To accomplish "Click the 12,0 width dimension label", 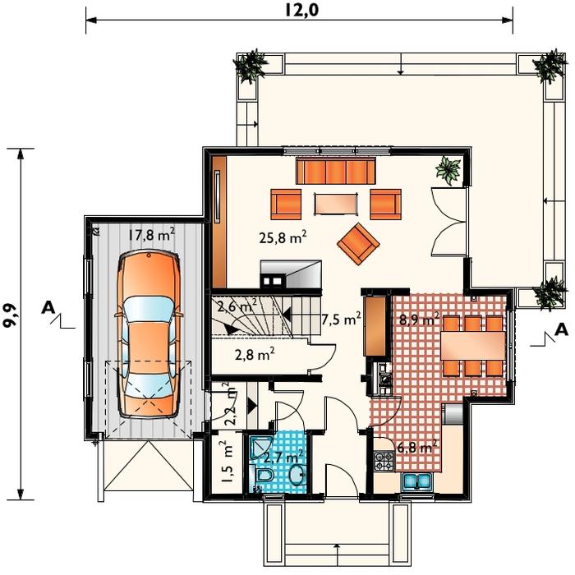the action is tap(301, 10).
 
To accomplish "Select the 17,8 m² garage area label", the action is tap(150, 234).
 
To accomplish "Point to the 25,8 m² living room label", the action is tap(283, 237).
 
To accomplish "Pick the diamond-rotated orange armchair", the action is tap(358, 243).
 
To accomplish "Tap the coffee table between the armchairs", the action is tap(336, 204).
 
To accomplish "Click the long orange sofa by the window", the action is tap(335, 171).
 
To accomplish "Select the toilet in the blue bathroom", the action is tap(264, 475).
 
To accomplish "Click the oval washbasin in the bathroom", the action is tap(297, 475).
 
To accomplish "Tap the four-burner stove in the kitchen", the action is tap(384, 462).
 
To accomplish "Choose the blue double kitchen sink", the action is tap(417, 482).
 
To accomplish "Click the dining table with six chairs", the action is tap(472, 346).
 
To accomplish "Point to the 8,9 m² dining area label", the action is tap(419, 319).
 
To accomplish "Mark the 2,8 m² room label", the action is tap(255, 354).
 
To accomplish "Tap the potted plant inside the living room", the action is tap(448, 170).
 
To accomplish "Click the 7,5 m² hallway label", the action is tap(341, 319).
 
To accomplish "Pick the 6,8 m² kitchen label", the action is tap(417, 447).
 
